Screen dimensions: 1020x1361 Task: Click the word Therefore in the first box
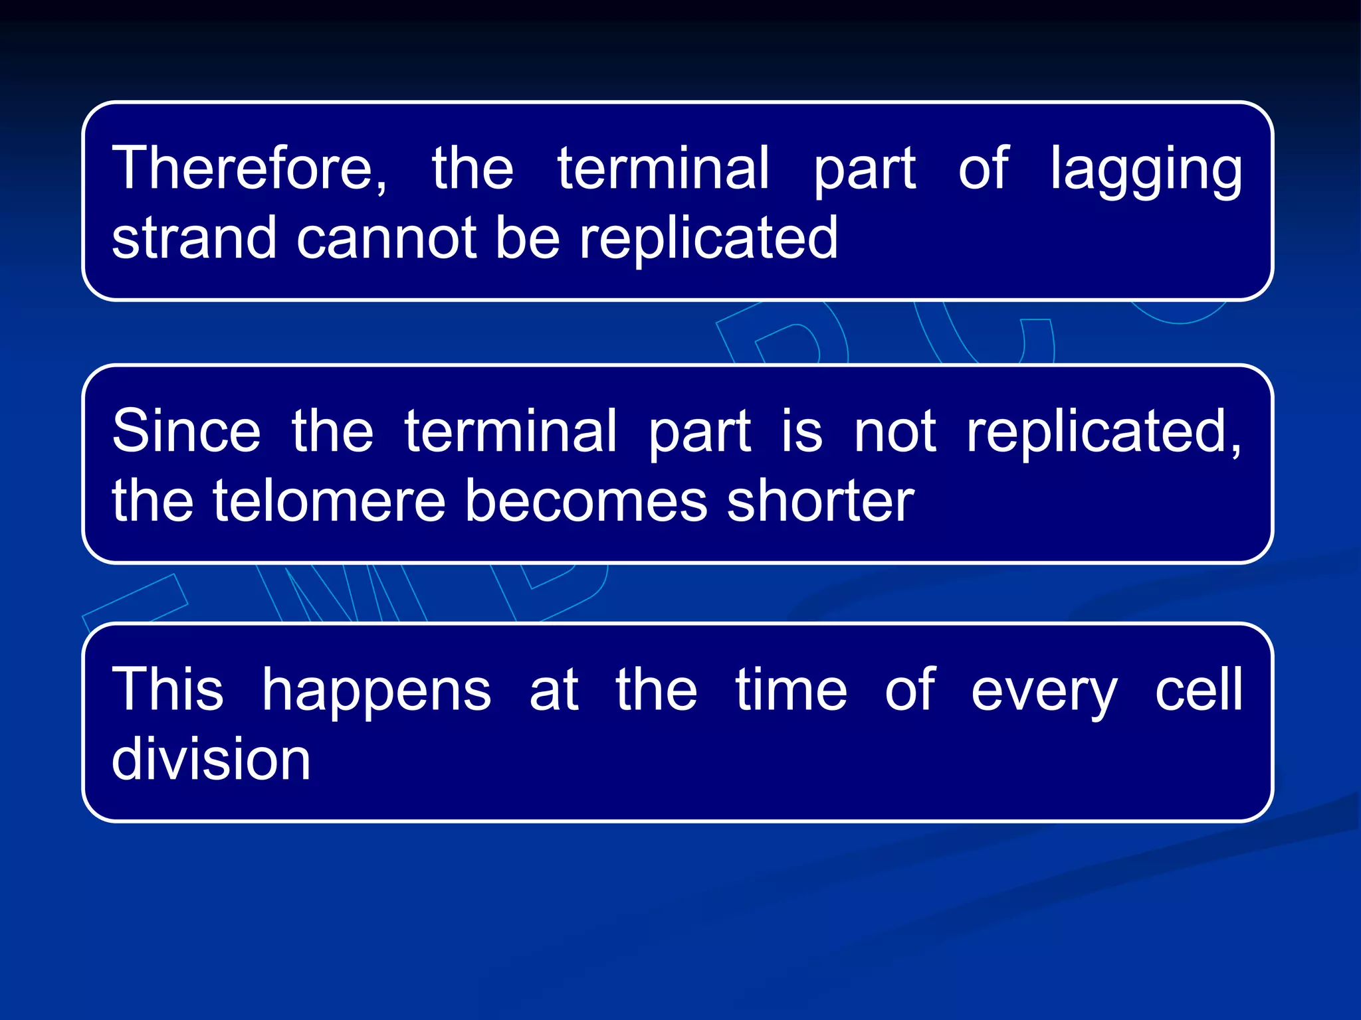243,169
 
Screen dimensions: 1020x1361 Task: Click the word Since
187,432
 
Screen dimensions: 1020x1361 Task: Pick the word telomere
329,501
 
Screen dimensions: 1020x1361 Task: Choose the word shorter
820,501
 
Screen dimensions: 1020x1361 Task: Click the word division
211,758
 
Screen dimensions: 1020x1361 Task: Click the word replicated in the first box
708,238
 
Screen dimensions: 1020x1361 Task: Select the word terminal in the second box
511,432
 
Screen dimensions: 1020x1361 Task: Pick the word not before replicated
895,432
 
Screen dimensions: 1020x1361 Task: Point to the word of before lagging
984,169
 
